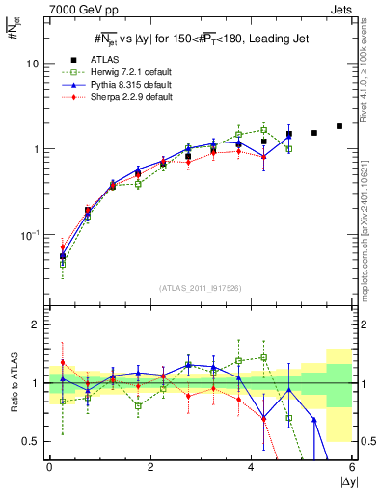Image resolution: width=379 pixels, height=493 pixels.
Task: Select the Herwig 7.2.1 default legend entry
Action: [129, 72]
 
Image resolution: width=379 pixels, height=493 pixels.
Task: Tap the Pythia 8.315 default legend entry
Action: [129, 85]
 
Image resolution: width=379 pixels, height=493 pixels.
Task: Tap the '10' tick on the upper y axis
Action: [32, 64]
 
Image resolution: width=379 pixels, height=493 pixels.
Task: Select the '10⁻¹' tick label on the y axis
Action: [30, 235]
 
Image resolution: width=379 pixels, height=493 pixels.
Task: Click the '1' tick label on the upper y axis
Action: [36, 149]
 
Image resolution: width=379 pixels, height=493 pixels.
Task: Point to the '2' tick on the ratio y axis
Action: [34, 325]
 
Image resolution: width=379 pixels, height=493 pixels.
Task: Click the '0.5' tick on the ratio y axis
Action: [29, 441]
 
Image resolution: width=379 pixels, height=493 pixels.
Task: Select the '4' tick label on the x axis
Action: [252, 467]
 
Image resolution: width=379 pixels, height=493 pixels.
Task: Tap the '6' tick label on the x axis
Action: [352, 467]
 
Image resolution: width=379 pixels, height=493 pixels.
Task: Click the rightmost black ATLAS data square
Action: [339, 126]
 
